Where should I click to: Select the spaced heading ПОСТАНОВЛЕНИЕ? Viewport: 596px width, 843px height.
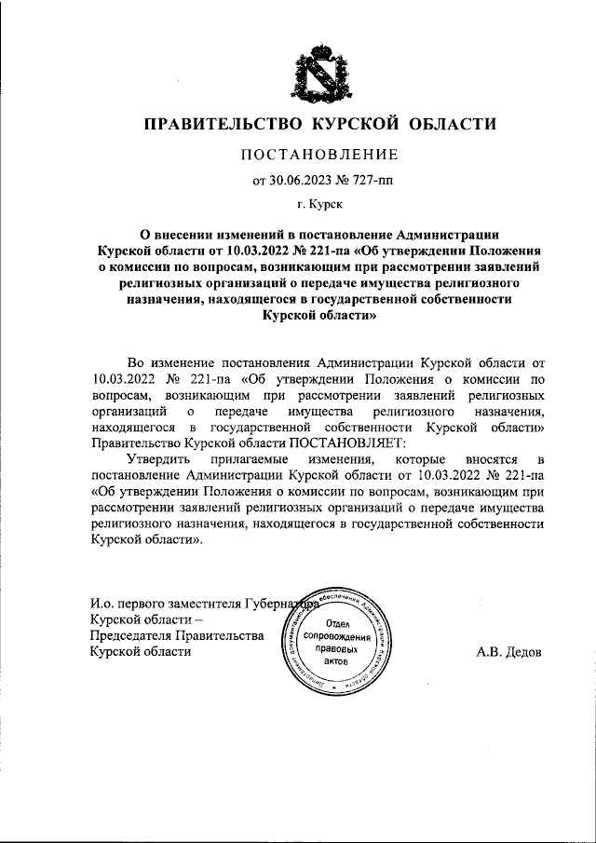[x=319, y=154]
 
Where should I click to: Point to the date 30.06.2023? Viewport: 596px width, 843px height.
[x=300, y=181]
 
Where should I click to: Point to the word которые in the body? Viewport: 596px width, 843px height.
[x=420, y=460]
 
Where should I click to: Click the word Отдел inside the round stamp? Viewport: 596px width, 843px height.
[x=332, y=623]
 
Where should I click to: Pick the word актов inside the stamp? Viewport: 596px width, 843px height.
[x=332, y=659]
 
